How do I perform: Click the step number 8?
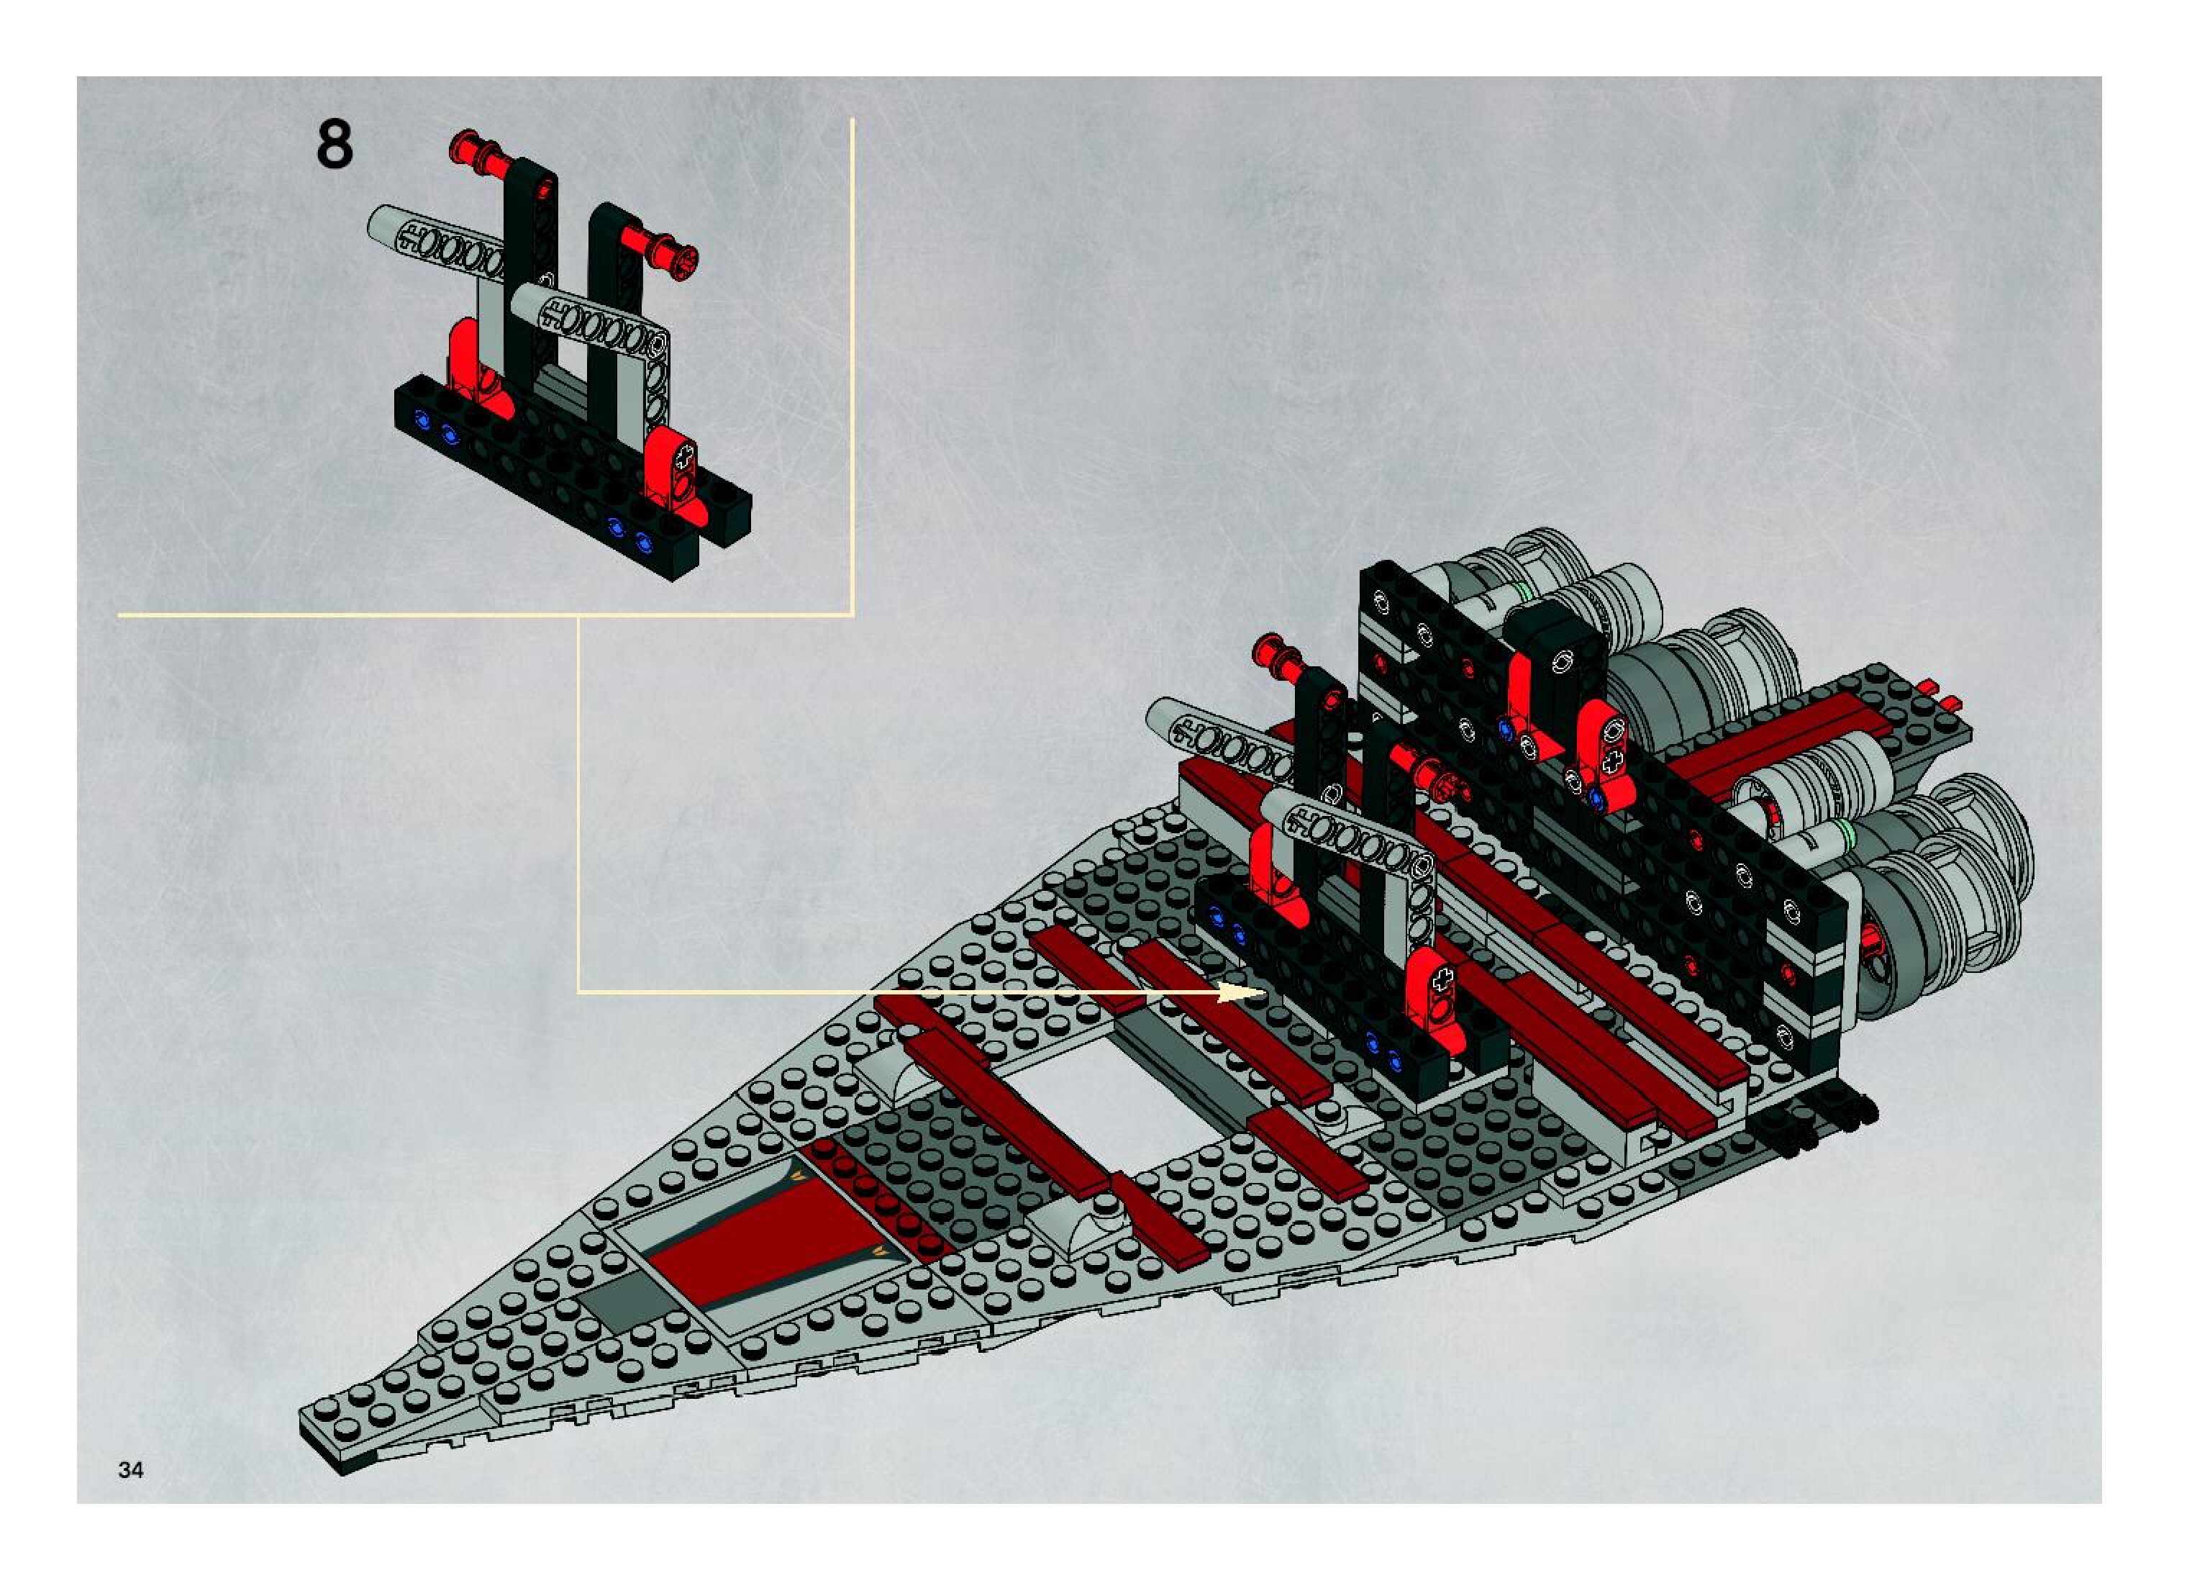point(335,147)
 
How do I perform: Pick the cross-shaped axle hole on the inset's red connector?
point(685,454)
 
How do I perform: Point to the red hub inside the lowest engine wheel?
point(1875,936)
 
